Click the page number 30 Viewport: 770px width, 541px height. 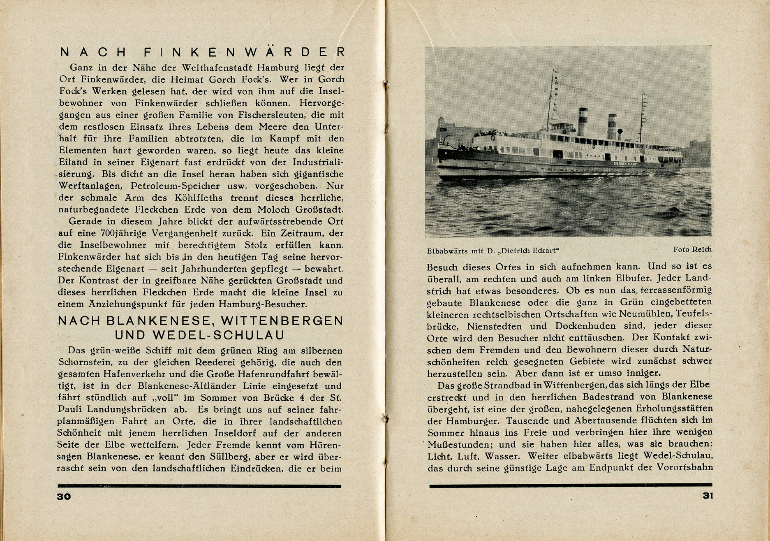click(64, 496)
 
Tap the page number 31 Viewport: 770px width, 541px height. click(708, 496)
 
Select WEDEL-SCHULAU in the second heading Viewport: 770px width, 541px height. click(200, 335)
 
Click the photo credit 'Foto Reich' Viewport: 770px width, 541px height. click(692, 249)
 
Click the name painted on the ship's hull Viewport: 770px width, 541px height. click(626, 163)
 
